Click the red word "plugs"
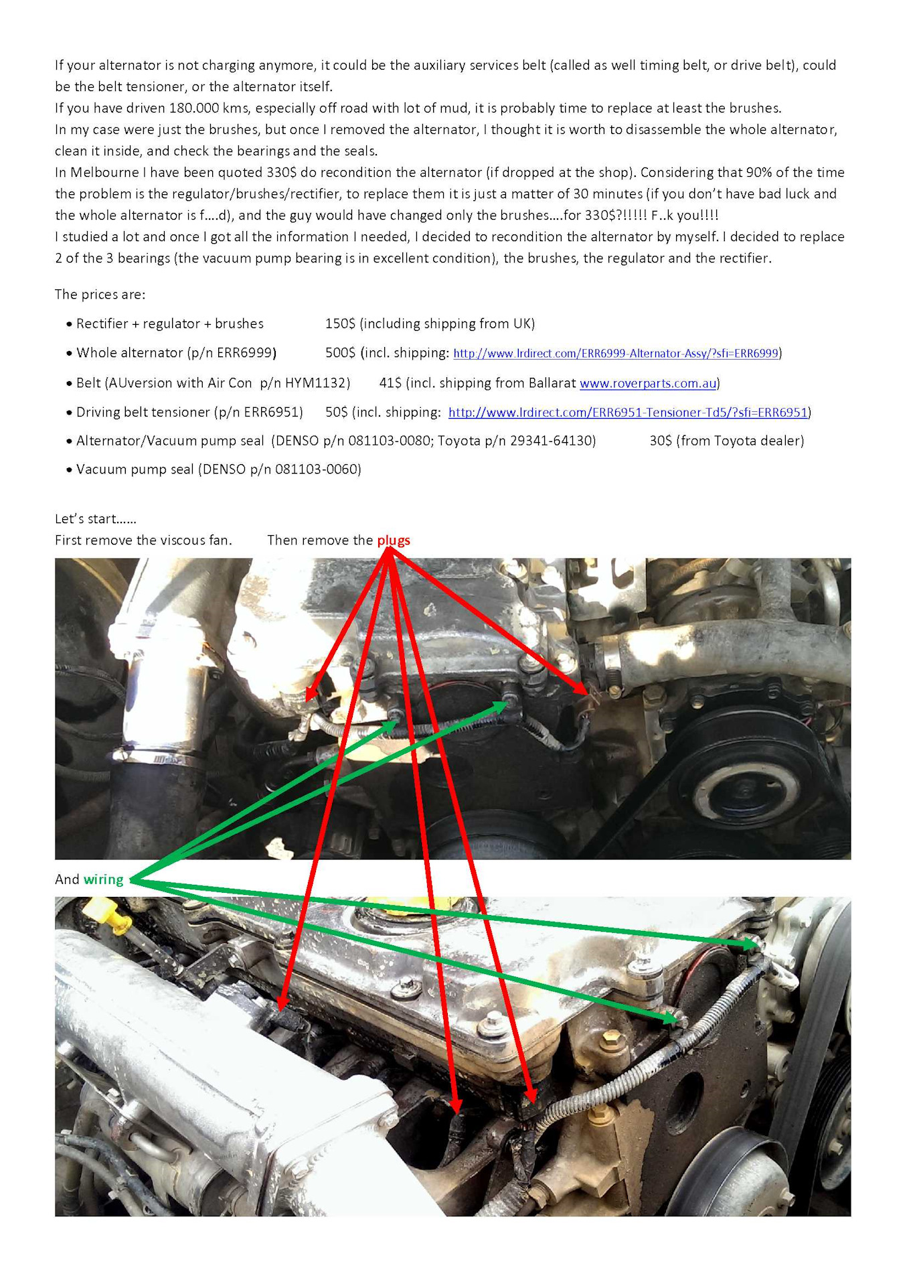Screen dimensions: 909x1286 pyautogui.click(x=394, y=540)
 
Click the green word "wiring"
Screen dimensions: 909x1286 pyautogui.click(x=104, y=879)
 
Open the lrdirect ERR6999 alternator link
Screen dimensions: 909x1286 pyautogui.click(x=616, y=353)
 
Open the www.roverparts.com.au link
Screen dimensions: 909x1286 pyautogui.click(x=648, y=383)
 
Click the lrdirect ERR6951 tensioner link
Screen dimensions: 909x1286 pyautogui.click(x=628, y=413)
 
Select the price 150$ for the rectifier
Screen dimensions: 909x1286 pyautogui.click(x=340, y=324)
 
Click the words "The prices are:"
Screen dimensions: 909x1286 pyautogui.click(x=100, y=295)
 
